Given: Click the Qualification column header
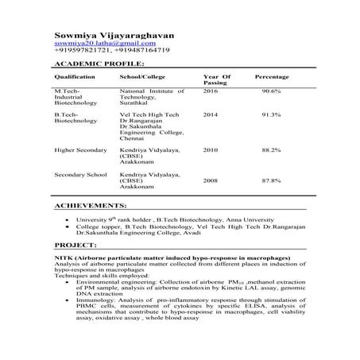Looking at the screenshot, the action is (x=74, y=76).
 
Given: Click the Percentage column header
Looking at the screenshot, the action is (x=271, y=76).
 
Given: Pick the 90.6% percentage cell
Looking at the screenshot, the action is (x=271, y=91).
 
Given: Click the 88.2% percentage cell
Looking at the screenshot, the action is (x=271, y=149).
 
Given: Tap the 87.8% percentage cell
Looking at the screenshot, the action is (x=271, y=180).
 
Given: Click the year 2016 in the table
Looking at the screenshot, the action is (x=211, y=91).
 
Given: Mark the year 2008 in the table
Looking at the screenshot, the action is (x=211, y=180).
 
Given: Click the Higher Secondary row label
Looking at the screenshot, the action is (x=79, y=149).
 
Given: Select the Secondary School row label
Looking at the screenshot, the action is (x=80, y=173).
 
